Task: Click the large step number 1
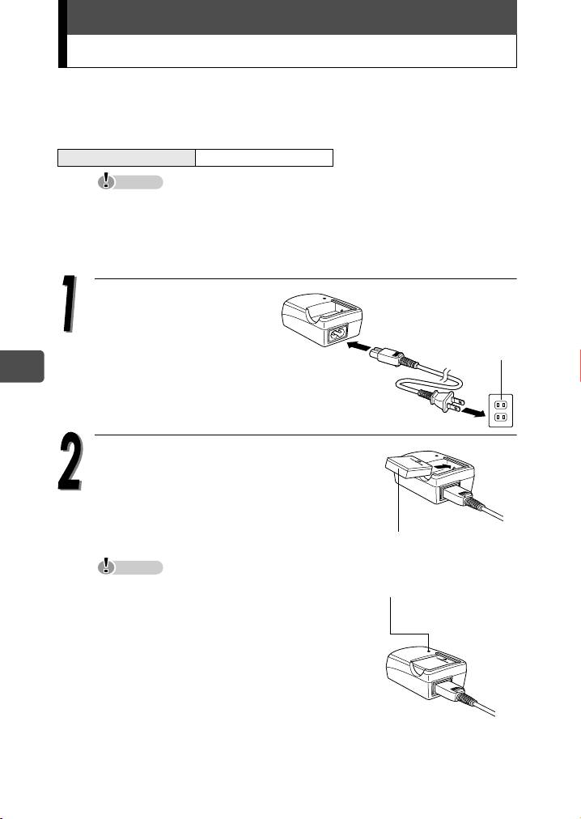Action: click(x=69, y=303)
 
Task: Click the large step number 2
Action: click(x=70, y=460)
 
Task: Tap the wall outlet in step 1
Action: click(x=501, y=410)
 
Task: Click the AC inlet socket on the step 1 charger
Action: click(x=338, y=333)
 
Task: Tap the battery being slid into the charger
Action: click(x=409, y=467)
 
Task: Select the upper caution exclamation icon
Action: click(x=107, y=180)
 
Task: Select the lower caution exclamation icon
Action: click(x=107, y=567)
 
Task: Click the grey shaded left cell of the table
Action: click(x=126, y=157)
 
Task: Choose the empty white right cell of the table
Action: click(x=264, y=157)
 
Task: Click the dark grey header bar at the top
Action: click(x=291, y=17)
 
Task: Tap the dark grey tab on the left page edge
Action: click(x=22, y=366)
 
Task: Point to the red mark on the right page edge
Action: click(x=579, y=366)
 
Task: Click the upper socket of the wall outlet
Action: click(x=501, y=404)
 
